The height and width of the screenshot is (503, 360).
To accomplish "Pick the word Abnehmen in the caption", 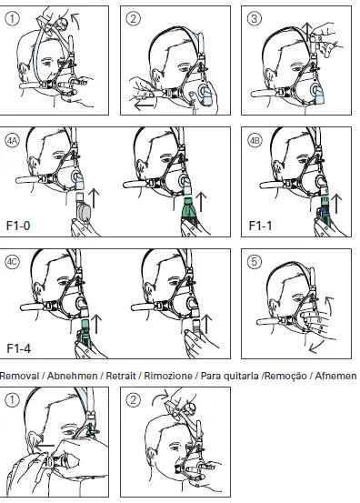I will (71, 376).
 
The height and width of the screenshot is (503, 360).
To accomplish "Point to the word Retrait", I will (122, 376).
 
